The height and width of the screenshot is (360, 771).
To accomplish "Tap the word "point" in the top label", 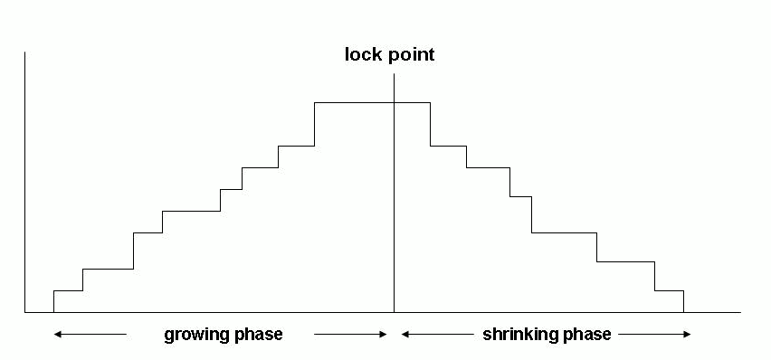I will click(410, 55).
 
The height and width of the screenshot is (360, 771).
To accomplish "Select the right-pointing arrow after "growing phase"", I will click(351, 335).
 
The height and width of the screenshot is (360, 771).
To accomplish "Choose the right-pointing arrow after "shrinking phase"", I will click(655, 335).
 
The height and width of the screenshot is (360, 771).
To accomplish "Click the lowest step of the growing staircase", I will click(68, 291).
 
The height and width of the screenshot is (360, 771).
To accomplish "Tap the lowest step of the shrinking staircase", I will click(669, 291).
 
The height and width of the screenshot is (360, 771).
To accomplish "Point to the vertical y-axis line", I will click(25, 181).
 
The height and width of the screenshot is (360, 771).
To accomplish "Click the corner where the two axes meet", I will click(25, 313).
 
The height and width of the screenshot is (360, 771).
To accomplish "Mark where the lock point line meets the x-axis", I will click(395, 313).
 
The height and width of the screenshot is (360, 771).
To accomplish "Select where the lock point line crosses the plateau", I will click(395, 103).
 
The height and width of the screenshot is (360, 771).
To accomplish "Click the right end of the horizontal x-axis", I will click(739, 313).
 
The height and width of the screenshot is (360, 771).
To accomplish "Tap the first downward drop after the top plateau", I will click(430, 124).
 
